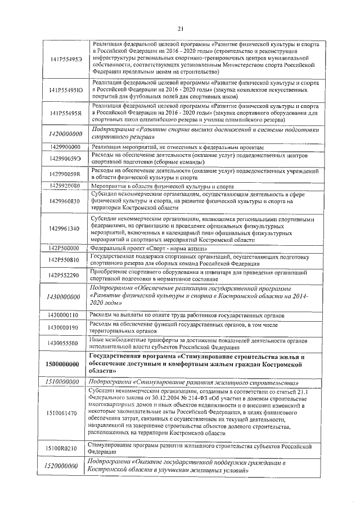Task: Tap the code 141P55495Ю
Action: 65,89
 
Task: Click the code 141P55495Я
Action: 65,112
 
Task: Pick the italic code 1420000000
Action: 65,133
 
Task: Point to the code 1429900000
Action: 65,147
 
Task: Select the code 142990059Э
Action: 65,159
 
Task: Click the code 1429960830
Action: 65,201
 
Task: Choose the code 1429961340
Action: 65,228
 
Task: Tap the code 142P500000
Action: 64,247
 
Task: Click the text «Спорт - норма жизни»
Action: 169,248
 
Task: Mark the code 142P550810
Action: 65,260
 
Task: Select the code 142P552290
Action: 65,275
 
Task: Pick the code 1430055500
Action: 65,343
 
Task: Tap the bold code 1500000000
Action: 65,364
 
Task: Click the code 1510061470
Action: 65,413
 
